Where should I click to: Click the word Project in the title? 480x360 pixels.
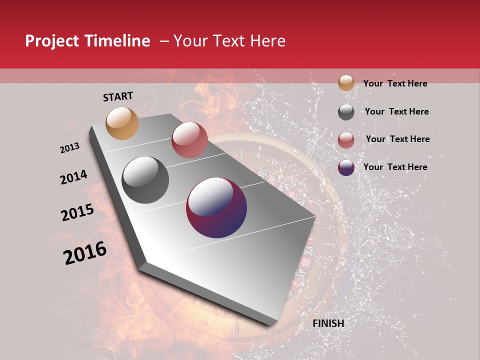pos(52,41)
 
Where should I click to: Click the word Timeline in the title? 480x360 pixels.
pos(117,41)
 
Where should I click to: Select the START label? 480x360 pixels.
pos(118,96)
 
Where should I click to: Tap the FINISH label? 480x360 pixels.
pos(328,323)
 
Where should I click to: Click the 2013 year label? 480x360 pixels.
pos(70,148)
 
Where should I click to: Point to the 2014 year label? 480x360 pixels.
pos(73,177)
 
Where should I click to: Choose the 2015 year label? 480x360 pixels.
pos(77,212)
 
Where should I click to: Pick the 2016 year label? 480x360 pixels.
pos(85,253)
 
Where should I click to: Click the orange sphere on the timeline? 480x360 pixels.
pos(122,123)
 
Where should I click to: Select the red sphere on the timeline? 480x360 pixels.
pos(189,140)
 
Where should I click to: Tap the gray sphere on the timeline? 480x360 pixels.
pos(145,180)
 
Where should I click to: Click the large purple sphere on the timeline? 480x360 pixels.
pos(216,207)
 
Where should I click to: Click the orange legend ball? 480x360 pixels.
pos(346,83)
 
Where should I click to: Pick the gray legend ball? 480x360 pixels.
pos(346,112)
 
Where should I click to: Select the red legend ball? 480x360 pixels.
pos(346,140)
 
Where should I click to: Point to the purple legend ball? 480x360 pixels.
pos(346,167)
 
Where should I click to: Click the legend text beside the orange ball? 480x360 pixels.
pos(395,83)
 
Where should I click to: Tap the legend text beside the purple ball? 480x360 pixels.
pos(395,167)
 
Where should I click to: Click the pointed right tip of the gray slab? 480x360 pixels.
pos(315,217)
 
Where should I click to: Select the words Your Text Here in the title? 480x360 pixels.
pos(229,41)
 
